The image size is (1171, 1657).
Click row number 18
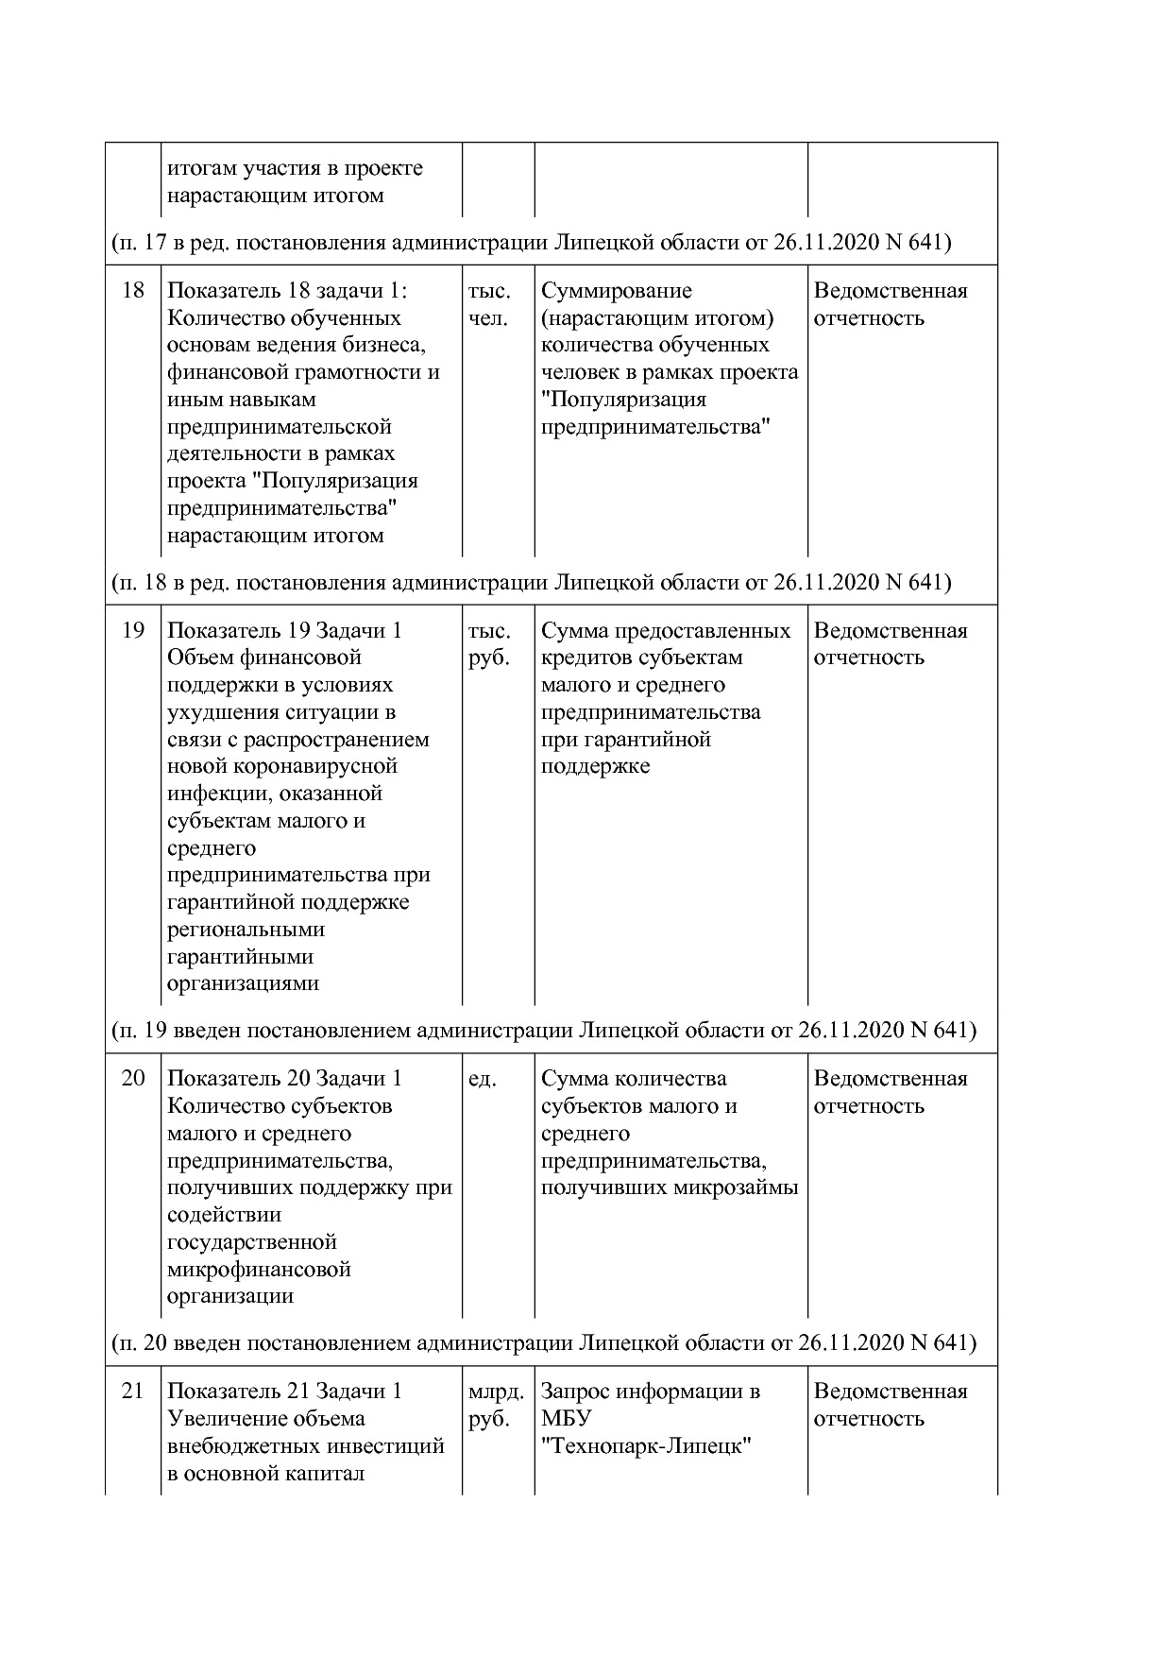[133, 290]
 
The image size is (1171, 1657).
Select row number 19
[133, 630]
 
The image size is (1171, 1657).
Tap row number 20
[133, 1078]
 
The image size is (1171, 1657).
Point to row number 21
[133, 1391]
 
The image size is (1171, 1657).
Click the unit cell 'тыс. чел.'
[489, 304]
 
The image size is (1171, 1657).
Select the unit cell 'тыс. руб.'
[489, 643]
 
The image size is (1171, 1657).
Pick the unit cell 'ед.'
[482, 1078]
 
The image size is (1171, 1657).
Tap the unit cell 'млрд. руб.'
[496, 1404]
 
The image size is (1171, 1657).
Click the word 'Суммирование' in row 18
[617, 290]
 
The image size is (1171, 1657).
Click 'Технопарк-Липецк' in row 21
[646, 1445]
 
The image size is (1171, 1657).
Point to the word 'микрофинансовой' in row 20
[259, 1269]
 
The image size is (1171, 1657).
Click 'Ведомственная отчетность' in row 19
[890, 643]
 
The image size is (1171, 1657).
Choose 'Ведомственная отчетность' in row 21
[890, 1404]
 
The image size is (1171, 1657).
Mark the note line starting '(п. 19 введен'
[543, 1030]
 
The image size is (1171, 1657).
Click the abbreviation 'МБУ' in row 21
[567, 1418]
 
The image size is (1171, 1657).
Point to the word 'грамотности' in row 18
[348, 372]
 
